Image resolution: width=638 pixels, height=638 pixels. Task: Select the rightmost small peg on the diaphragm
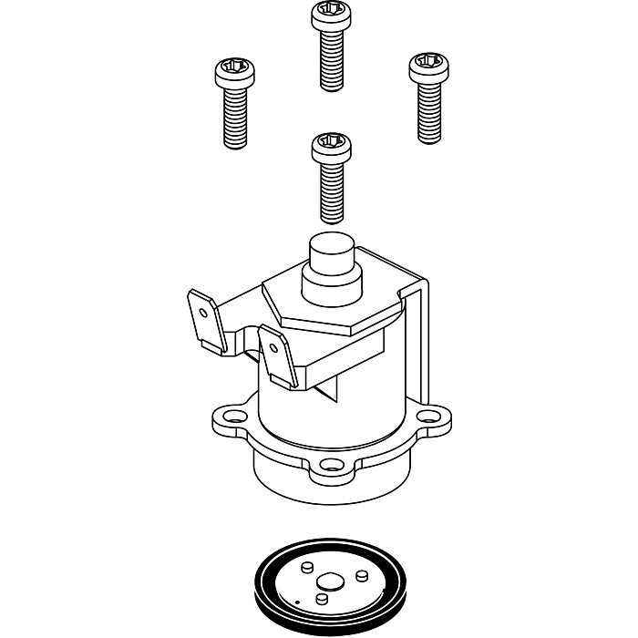tap(362, 576)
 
